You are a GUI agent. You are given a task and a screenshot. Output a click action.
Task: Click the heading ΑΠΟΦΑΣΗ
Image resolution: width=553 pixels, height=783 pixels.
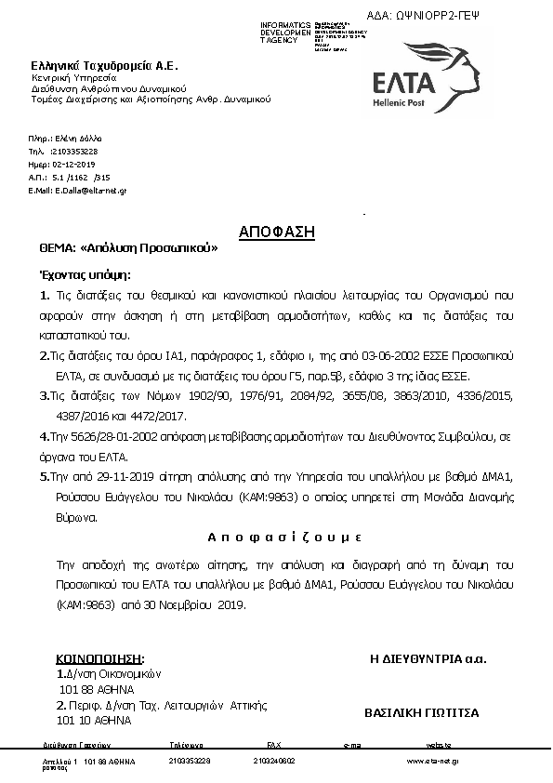pyautogui.click(x=277, y=231)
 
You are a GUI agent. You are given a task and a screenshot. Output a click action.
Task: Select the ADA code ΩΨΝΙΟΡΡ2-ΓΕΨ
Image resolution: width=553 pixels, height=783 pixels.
pyautogui.click(x=452, y=16)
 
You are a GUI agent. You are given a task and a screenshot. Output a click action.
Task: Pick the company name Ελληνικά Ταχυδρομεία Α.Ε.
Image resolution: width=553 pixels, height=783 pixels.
pyautogui.click(x=104, y=65)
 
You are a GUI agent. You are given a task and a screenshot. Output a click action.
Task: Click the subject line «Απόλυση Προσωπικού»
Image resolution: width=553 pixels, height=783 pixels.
pyautogui.click(x=150, y=249)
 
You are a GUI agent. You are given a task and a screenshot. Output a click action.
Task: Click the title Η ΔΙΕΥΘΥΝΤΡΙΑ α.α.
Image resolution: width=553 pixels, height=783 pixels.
pyautogui.click(x=428, y=659)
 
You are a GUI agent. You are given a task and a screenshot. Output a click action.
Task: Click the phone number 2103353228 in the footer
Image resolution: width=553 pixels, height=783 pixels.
pyautogui.click(x=191, y=761)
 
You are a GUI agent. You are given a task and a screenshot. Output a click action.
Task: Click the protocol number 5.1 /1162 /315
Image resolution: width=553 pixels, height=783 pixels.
pyautogui.click(x=82, y=176)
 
